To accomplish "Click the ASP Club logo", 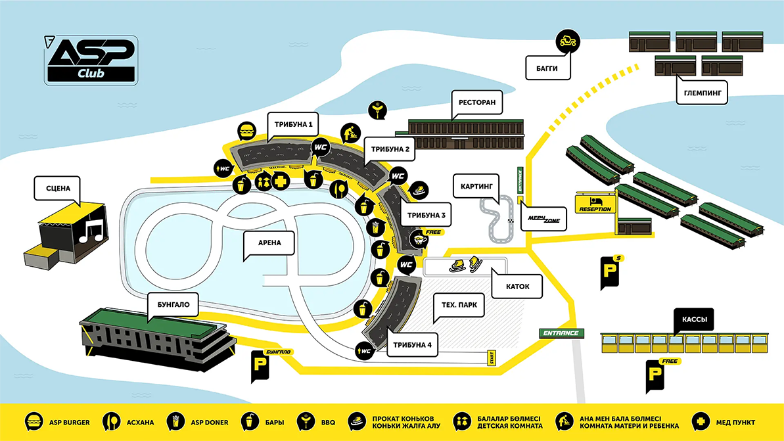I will click(x=91, y=60).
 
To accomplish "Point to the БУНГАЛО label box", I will click(x=173, y=306).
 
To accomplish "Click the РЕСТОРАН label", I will click(x=478, y=103).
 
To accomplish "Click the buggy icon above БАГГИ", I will click(x=567, y=41).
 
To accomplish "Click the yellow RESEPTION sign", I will click(x=595, y=204).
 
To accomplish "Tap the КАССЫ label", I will click(x=693, y=321).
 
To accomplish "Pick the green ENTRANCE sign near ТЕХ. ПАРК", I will click(x=561, y=333).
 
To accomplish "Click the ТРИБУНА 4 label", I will click(x=412, y=345).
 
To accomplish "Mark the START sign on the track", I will click(x=490, y=358).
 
